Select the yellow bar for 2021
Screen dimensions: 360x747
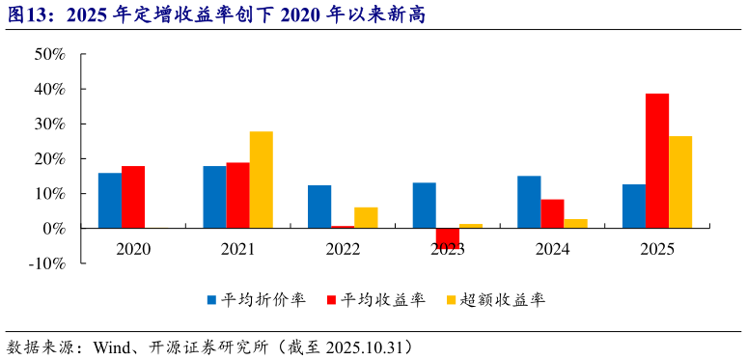[261, 180]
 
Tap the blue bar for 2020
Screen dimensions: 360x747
[110, 200]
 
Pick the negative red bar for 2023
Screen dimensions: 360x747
[447, 237]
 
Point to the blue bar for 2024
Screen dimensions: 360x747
[529, 202]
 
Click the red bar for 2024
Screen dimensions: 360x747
[552, 213]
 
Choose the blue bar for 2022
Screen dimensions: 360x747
[319, 207]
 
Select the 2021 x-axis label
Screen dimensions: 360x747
[237, 249]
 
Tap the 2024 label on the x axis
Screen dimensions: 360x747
[552, 249]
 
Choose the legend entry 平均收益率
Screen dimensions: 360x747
[383, 300]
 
